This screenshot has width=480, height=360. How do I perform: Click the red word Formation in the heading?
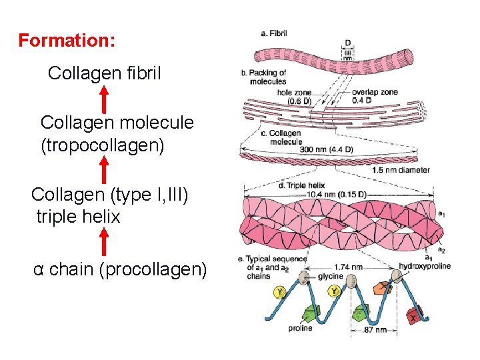coord(66,41)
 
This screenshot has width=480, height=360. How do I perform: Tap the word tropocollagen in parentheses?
coord(102,145)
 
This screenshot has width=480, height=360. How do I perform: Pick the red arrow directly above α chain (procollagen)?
coord(104,241)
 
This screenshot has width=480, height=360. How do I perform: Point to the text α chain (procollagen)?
coord(121,269)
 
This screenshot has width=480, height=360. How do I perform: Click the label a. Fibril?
coord(273,33)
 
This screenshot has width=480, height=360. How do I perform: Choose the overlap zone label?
coord(375,91)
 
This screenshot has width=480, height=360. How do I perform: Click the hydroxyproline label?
coord(425,266)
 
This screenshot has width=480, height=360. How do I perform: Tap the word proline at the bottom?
coord(301,328)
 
